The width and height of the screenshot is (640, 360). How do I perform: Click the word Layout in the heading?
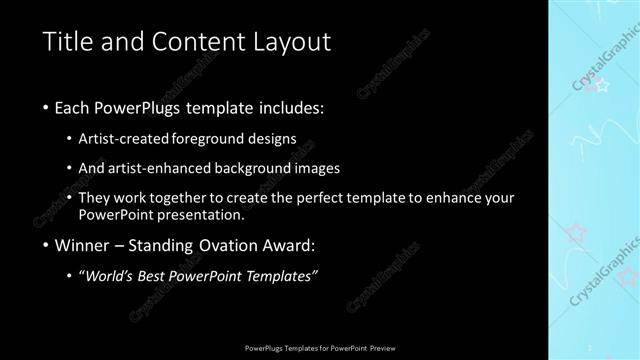click(292, 42)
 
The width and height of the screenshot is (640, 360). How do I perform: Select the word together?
click(202, 198)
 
